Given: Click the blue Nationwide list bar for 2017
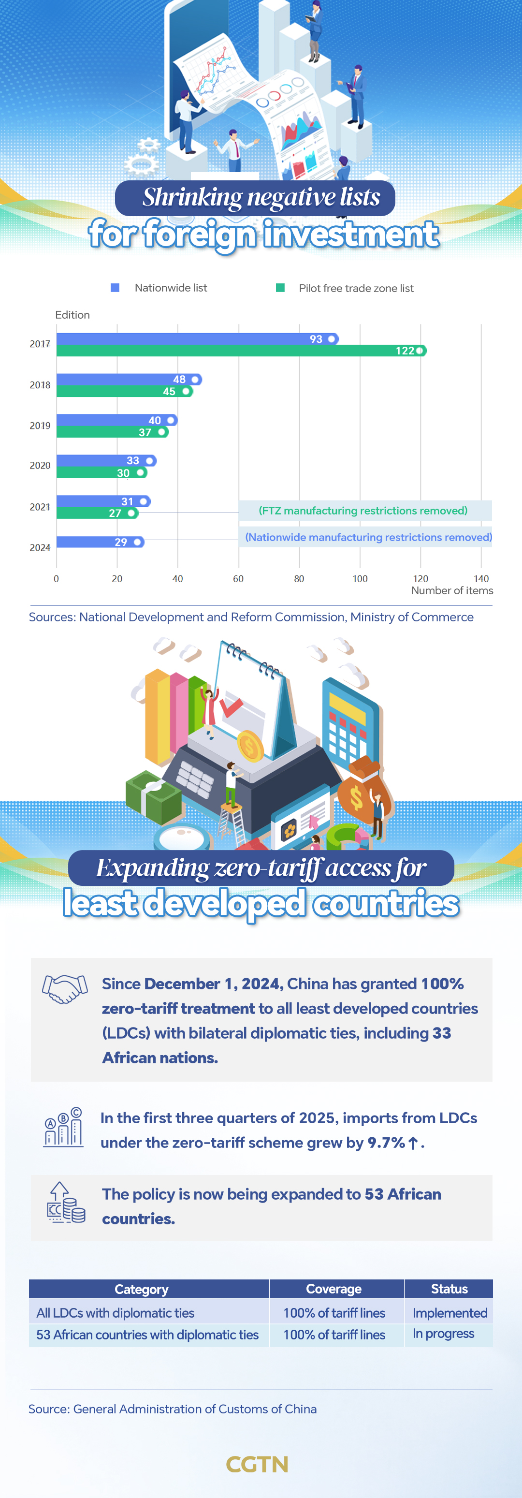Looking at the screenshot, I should pyautogui.click(x=192, y=339).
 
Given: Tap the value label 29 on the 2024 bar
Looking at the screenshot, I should pyautogui.click(x=121, y=542).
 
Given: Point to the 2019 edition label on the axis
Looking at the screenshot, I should pyautogui.click(x=40, y=426).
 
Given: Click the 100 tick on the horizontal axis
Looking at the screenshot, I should pyautogui.click(x=360, y=579).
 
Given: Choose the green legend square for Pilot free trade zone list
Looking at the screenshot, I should pyautogui.click(x=280, y=288).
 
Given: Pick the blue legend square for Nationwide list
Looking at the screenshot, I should pyautogui.click(x=115, y=288).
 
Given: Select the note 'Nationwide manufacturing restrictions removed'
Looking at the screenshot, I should pyautogui.click(x=368, y=537).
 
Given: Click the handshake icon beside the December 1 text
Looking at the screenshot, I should pyautogui.click(x=64, y=988).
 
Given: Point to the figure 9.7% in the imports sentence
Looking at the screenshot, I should pyautogui.click(x=386, y=1143).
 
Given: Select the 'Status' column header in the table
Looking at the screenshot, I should pyautogui.click(x=449, y=1289).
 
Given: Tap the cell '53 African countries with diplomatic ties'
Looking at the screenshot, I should pyautogui.click(x=147, y=1335).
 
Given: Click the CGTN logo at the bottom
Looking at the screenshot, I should pyautogui.click(x=257, y=1464).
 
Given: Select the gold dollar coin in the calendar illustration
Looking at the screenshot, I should pyautogui.click(x=250, y=747).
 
